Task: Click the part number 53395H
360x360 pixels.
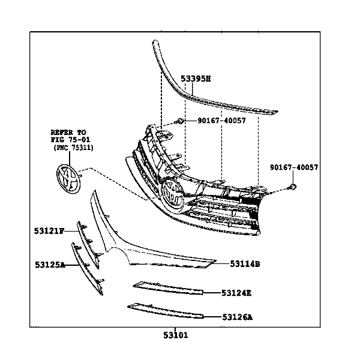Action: (x=196, y=79)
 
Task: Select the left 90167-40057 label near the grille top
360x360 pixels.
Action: (x=221, y=121)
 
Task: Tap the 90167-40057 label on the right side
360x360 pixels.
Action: (x=293, y=168)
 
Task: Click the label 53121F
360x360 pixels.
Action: (x=49, y=230)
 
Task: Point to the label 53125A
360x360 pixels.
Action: (x=50, y=263)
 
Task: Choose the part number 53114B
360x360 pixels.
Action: (x=244, y=263)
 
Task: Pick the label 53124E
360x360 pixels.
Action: (x=236, y=293)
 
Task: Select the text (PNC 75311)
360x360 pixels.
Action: (x=73, y=147)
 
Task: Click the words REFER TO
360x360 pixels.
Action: (x=68, y=131)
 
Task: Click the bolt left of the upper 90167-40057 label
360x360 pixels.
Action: (x=179, y=122)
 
